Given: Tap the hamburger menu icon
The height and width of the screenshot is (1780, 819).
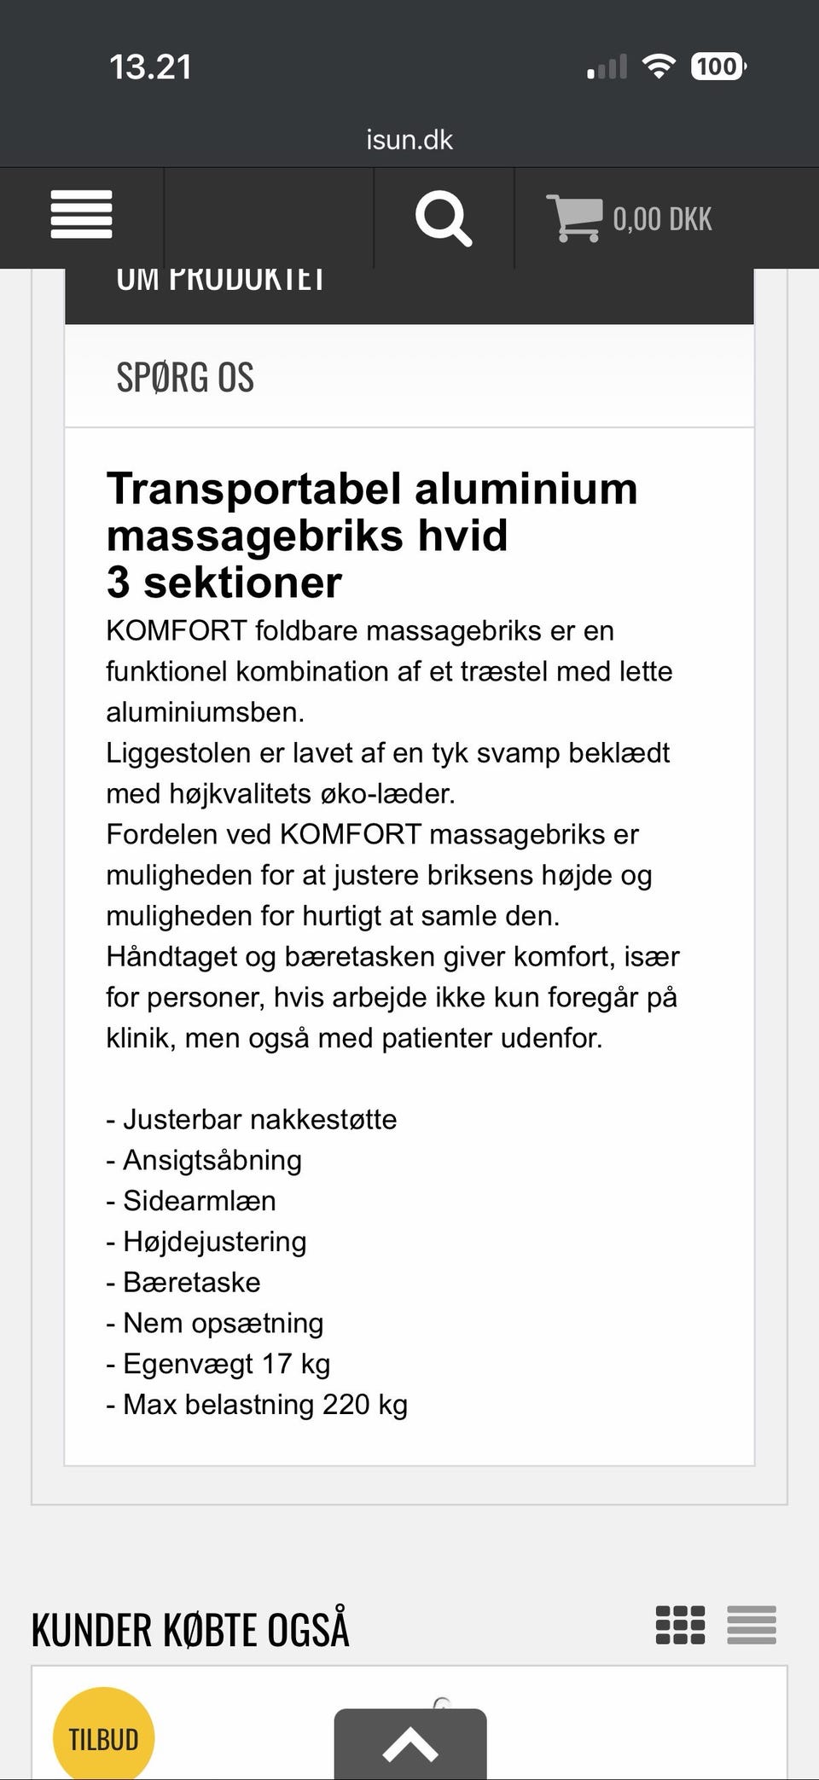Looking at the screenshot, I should [81, 215].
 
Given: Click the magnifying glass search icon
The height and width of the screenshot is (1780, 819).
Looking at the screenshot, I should [443, 218].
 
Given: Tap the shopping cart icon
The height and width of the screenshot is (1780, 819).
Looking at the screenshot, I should [573, 218].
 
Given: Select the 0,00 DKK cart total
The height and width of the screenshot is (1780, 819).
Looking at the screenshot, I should [662, 219].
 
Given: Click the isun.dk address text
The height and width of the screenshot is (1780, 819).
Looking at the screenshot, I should [409, 140].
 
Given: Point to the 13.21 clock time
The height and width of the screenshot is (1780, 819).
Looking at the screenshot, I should [150, 67].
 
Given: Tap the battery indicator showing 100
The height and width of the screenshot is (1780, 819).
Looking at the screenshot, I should [717, 67].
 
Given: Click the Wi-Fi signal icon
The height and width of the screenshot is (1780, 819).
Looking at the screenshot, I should [658, 66].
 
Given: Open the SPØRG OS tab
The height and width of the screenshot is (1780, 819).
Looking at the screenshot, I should [185, 377].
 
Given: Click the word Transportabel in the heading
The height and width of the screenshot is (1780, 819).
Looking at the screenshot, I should [253, 490].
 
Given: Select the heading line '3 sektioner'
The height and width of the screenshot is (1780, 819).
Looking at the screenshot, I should [224, 583].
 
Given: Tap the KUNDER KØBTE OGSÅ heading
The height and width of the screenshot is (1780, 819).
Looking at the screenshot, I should [190, 1630].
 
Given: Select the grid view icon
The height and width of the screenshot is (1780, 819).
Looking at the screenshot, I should [680, 1625].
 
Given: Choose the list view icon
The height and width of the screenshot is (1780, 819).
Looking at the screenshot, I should [752, 1625].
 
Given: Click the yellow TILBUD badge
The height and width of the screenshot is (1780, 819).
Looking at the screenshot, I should [103, 1738].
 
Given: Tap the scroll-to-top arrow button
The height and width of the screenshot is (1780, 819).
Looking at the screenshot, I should [410, 1743].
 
